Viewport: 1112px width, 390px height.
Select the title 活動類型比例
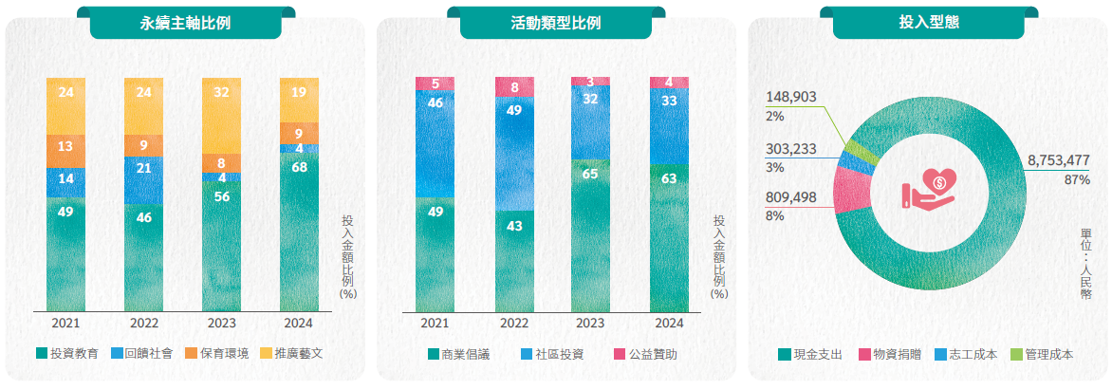click(x=555, y=23)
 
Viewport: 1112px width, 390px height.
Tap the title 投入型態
click(x=928, y=23)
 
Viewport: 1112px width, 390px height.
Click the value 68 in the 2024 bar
click(x=299, y=168)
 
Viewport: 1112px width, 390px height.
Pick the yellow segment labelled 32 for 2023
click(x=221, y=93)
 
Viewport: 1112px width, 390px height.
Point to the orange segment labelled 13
click(x=65, y=146)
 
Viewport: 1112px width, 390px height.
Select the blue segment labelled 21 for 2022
click(x=143, y=168)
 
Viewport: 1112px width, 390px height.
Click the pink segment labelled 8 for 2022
click(x=514, y=87)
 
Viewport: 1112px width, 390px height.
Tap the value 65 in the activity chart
click(x=590, y=174)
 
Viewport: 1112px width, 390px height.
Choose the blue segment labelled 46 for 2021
click(x=435, y=102)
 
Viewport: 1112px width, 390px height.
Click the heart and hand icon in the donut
click(x=928, y=188)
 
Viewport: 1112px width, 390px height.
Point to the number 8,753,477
click(x=1058, y=161)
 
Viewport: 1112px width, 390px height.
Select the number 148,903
click(x=790, y=97)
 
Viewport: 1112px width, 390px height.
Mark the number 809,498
click(x=790, y=197)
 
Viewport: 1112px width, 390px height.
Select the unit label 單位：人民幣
click(x=1084, y=264)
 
